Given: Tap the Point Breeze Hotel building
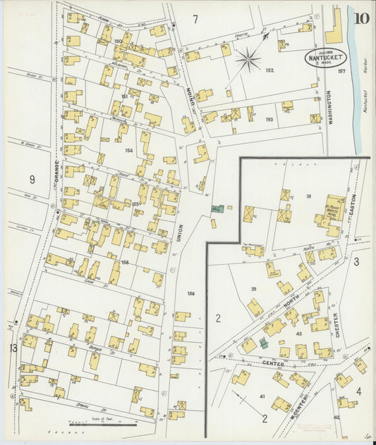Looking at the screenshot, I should click(334, 211).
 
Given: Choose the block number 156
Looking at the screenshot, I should click(190, 293).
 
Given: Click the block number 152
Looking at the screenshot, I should click(269, 70).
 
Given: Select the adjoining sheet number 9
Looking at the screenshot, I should click(32, 180).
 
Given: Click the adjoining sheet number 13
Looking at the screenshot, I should click(13, 348).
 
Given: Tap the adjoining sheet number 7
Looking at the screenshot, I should click(195, 17).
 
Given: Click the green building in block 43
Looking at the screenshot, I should click(263, 343).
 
